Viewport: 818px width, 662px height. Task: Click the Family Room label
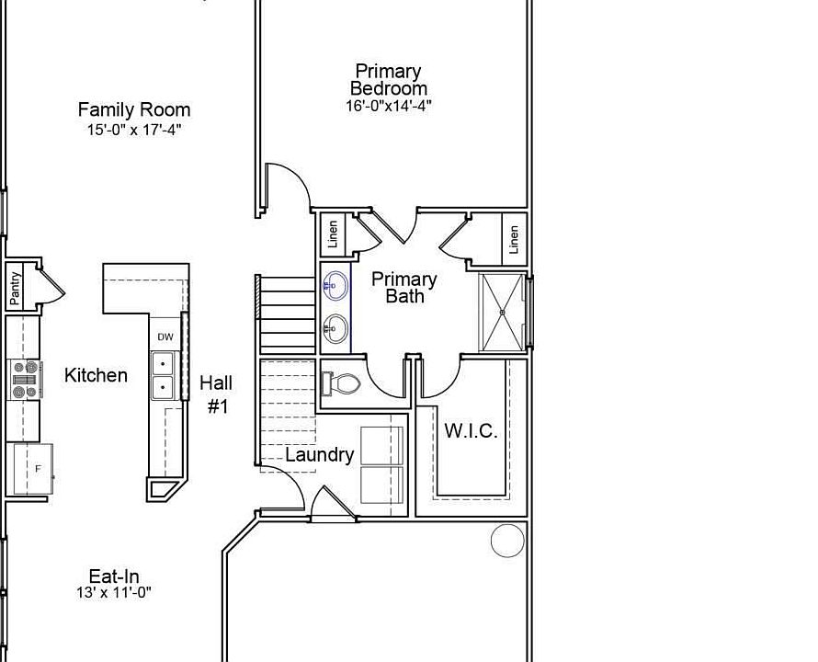coord(133,109)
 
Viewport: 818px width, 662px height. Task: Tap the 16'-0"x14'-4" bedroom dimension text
coord(389,106)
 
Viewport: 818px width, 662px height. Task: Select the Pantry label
coord(16,289)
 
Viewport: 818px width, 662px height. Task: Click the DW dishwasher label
coord(165,337)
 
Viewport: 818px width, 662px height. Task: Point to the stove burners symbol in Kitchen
coord(26,380)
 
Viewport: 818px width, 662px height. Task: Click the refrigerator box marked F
coord(33,469)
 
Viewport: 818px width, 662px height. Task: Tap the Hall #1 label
coord(216,394)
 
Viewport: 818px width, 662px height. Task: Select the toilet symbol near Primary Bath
coord(341,383)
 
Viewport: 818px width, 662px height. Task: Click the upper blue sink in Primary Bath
coord(336,286)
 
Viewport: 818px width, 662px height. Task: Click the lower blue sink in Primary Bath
coord(336,327)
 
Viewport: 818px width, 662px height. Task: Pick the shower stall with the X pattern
coord(503,313)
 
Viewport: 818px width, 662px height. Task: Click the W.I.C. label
coord(471,431)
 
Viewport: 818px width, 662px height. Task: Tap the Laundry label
coord(319,454)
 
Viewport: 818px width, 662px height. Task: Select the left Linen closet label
coord(333,234)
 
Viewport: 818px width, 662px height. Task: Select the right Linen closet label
coord(514,240)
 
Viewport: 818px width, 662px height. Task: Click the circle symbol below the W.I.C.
coord(506,541)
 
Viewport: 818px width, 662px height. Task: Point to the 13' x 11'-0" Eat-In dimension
coord(114,593)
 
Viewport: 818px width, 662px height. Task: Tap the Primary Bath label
coord(404,287)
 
